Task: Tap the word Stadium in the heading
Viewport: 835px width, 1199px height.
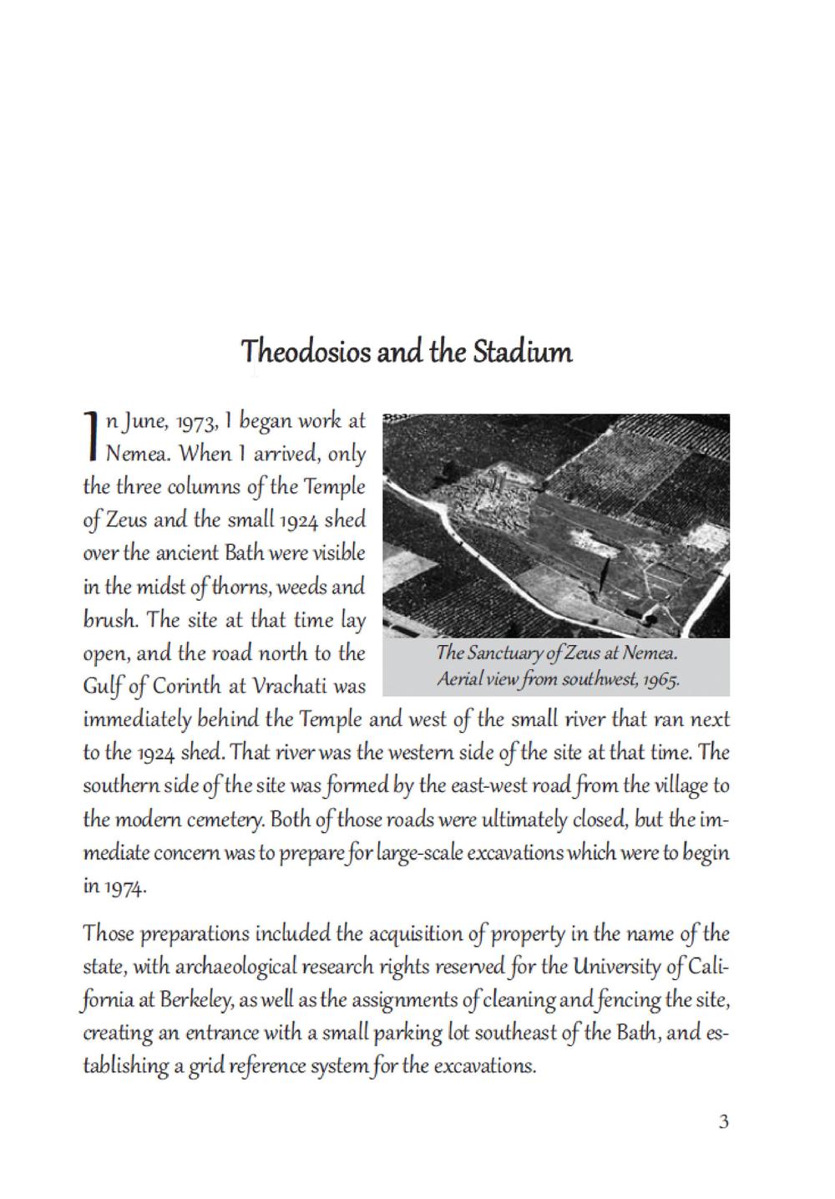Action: pyautogui.click(x=523, y=352)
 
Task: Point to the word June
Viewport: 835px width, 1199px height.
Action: pyautogui.click(x=141, y=421)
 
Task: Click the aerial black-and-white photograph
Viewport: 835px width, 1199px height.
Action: pyautogui.click(x=556, y=526)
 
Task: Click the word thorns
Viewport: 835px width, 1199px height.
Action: pyautogui.click(x=233, y=587)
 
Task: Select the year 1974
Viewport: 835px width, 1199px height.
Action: pyautogui.click(x=126, y=887)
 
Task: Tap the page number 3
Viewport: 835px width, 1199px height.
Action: pyautogui.click(x=723, y=1121)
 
